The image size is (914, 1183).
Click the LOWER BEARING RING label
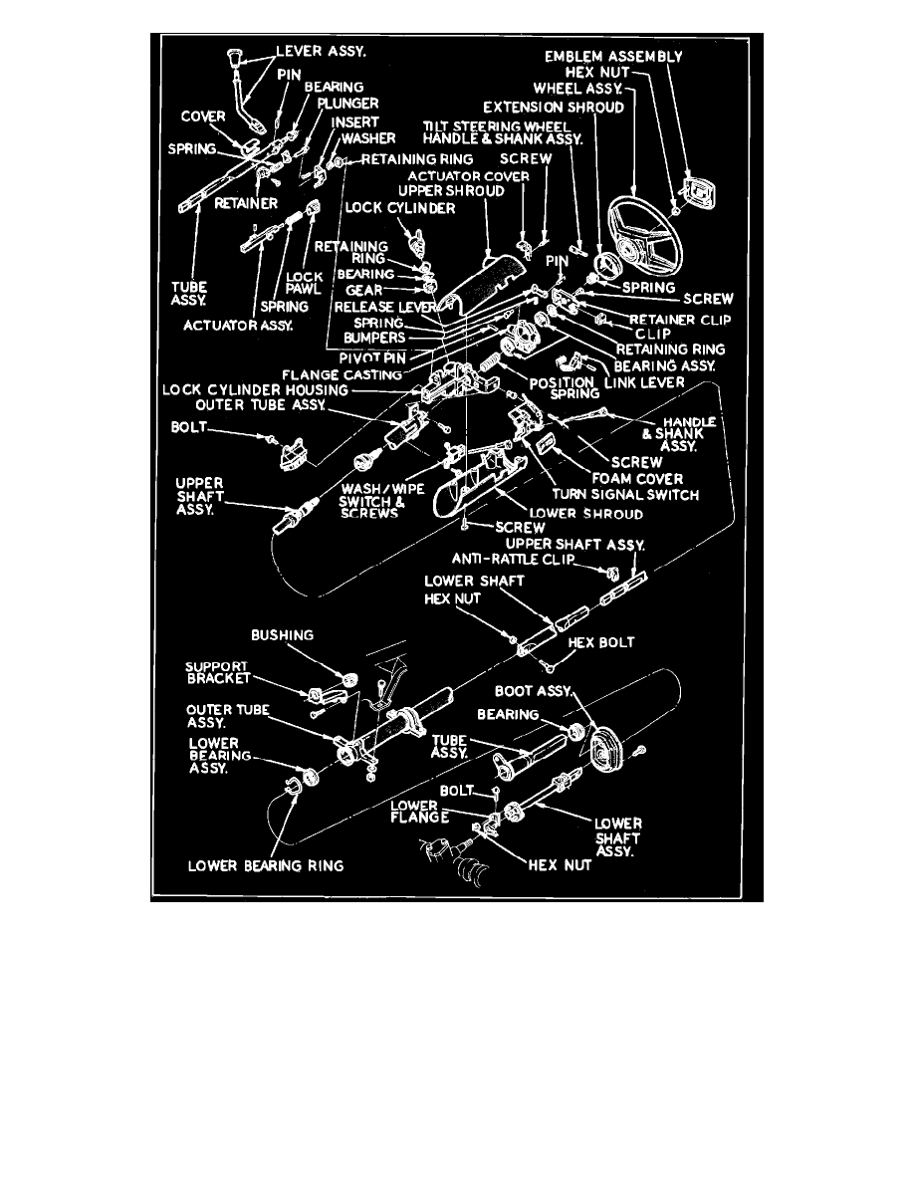click(266, 865)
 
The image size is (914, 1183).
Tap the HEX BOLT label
click(601, 642)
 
